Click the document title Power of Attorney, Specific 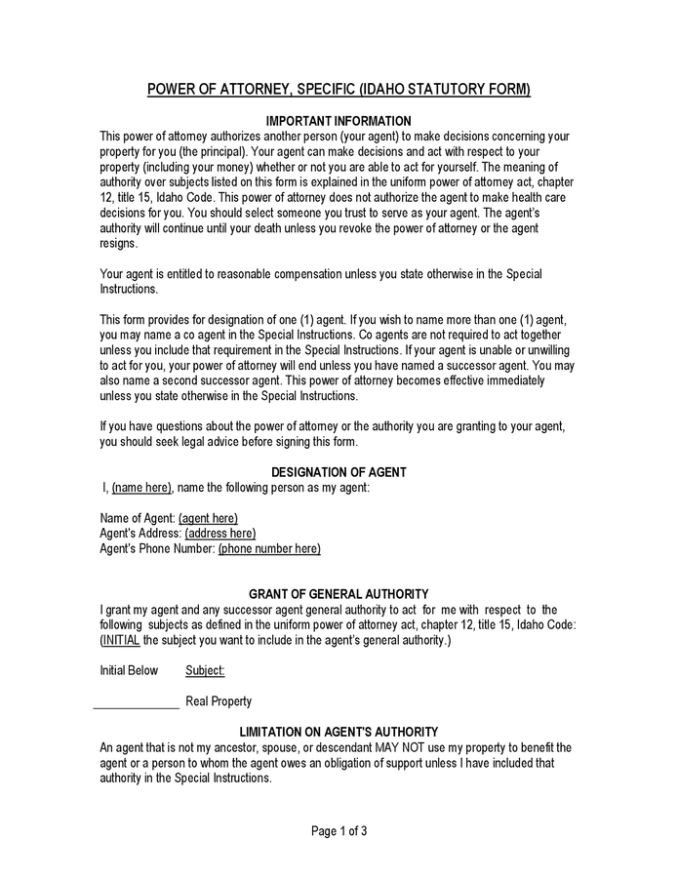pyautogui.click(x=339, y=90)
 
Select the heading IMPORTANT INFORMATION pyautogui.click(x=339, y=121)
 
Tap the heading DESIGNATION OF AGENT pyautogui.click(x=339, y=472)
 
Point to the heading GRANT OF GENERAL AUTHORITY pyautogui.click(x=339, y=594)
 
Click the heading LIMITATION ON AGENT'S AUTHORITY pyautogui.click(x=339, y=732)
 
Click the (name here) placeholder pyautogui.click(x=142, y=487)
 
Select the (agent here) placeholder pyautogui.click(x=208, y=518)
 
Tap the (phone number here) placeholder pyautogui.click(x=269, y=549)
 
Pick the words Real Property pyautogui.click(x=219, y=701)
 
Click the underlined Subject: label pyautogui.click(x=205, y=671)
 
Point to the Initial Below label pyautogui.click(x=129, y=671)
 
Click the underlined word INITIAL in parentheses pyautogui.click(x=121, y=641)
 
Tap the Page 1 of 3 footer pyautogui.click(x=339, y=832)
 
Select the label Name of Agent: pyautogui.click(x=138, y=518)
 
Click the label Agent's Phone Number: pyautogui.click(x=157, y=549)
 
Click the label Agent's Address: pyautogui.click(x=140, y=534)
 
